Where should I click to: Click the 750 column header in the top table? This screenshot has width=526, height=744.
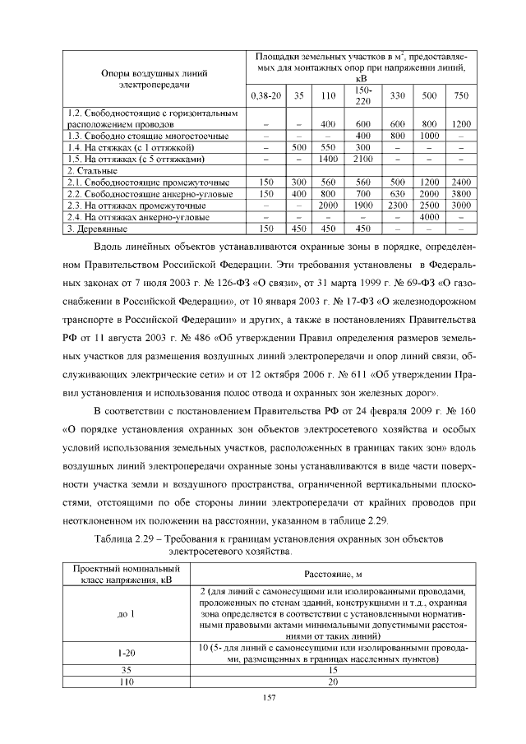[x=461, y=95]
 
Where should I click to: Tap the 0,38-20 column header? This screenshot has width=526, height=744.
[x=265, y=95]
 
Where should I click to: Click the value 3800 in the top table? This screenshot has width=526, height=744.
[x=461, y=193]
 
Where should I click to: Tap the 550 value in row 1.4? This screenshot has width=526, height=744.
[x=329, y=146]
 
